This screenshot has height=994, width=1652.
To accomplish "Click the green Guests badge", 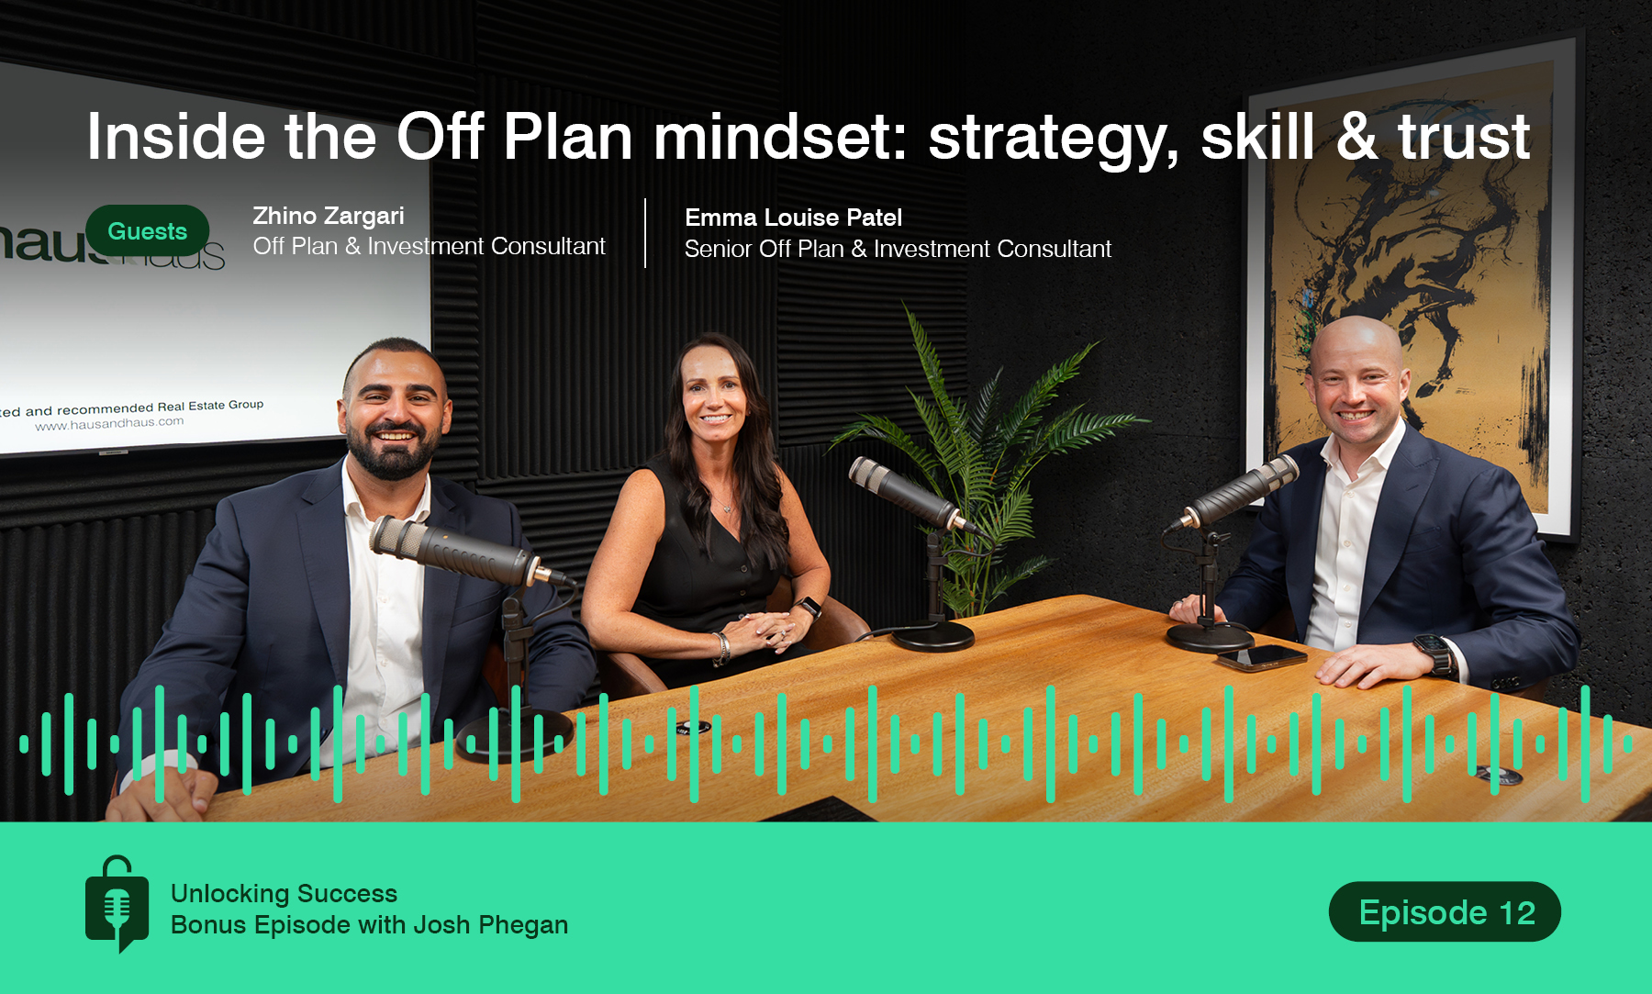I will click(147, 231).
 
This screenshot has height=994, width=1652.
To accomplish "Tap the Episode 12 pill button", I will click(1445, 912).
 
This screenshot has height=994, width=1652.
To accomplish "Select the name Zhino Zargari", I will click(328, 216).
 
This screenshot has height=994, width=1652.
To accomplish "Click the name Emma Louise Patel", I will click(793, 218).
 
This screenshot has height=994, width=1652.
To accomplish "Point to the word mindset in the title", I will click(779, 138).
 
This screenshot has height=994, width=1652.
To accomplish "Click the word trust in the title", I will click(1463, 138).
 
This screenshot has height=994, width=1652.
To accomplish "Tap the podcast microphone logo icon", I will click(117, 905).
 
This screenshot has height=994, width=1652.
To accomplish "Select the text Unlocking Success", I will click(284, 893).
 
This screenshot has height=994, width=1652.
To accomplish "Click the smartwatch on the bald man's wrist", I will click(1433, 653).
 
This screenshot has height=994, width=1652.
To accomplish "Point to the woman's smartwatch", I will click(808, 608).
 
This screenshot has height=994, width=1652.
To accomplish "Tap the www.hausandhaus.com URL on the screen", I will click(109, 424).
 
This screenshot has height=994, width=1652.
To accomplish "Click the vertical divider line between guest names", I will click(645, 233).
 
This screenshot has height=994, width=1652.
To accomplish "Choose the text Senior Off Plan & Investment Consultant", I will click(898, 249).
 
